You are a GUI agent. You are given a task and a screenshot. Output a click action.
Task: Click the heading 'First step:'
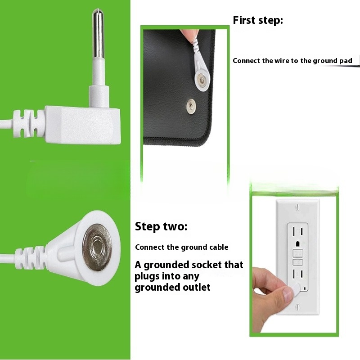point(258,20)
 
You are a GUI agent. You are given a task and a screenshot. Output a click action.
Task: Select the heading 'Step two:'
point(161,226)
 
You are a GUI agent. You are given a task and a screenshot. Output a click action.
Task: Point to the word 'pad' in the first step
point(346,61)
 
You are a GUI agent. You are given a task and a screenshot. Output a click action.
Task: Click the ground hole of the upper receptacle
point(298,243)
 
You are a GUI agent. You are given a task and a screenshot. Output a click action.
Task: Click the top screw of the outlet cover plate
point(297,207)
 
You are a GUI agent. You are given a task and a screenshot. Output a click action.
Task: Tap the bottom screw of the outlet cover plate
point(297,307)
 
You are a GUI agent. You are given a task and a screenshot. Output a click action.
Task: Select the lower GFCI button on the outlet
point(297,262)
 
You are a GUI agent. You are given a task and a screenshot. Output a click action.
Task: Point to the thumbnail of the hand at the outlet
point(288,295)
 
